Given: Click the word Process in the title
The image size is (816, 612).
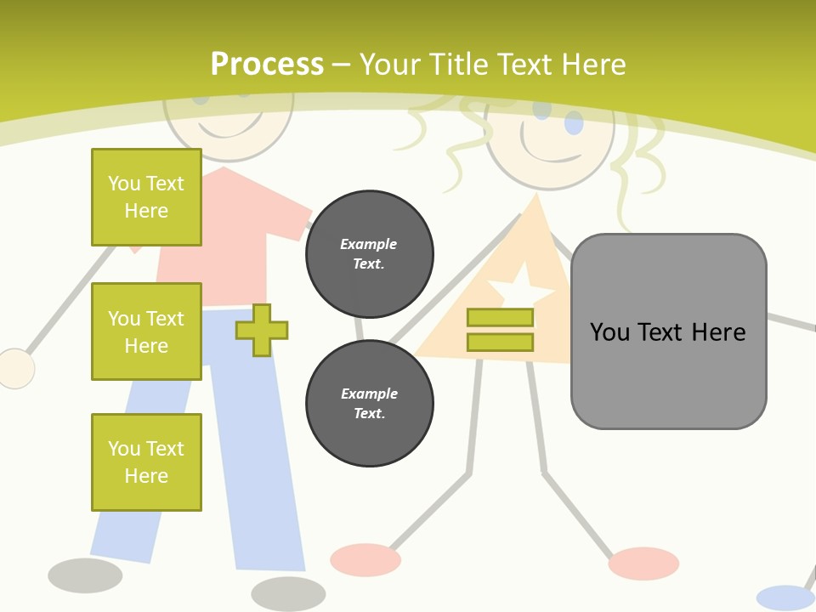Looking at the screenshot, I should (267, 65).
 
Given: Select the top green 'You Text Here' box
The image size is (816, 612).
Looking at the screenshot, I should (146, 197).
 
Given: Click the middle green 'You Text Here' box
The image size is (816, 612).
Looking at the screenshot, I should (146, 331).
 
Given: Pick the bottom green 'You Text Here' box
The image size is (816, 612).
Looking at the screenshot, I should (146, 462).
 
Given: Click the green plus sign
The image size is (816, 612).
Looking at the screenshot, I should (262, 330).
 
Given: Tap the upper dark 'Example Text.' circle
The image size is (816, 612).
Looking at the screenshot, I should (370, 254).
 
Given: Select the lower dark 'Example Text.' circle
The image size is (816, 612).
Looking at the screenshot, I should (370, 404).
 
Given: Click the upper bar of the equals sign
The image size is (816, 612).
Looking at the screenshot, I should (500, 318).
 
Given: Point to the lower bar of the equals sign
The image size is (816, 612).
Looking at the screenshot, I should (500, 342).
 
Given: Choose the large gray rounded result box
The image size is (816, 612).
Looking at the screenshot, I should (669, 331).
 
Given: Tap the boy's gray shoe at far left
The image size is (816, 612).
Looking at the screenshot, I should (85, 575).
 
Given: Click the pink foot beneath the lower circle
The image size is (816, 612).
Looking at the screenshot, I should (365, 559).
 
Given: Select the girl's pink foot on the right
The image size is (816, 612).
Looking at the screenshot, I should (643, 563).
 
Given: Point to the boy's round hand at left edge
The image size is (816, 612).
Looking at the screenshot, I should (15, 369).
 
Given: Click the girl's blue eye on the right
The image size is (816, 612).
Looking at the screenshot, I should (575, 123).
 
